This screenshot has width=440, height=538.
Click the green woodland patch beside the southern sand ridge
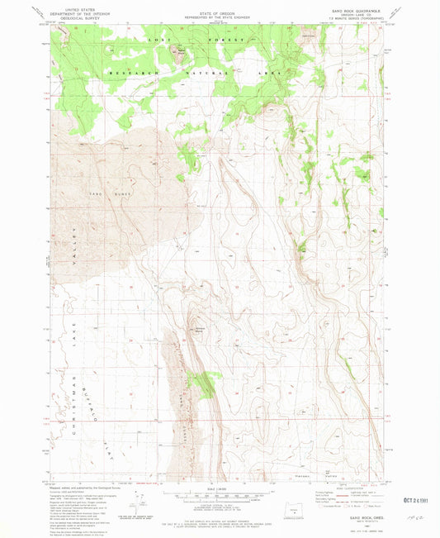click(x=203, y=382)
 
